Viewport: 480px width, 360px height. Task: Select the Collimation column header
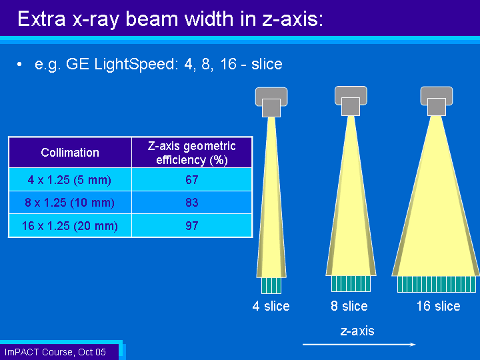pyautogui.click(x=70, y=153)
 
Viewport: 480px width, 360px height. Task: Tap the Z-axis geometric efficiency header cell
pyautogui.click(x=191, y=153)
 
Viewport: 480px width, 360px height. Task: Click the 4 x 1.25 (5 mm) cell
pyautogui.click(x=70, y=179)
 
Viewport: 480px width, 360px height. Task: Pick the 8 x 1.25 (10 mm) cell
pyautogui.click(x=70, y=203)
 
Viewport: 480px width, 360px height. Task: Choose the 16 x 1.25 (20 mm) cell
pyautogui.click(x=70, y=225)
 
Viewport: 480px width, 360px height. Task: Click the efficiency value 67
pyautogui.click(x=192, y=180)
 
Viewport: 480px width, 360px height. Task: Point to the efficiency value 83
pyautogui.click(x=192, y=203)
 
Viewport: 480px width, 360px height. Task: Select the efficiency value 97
pyautogui.click(x=192, y=225)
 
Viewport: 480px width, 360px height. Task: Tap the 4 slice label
pyautogui.click(x=271, y=306)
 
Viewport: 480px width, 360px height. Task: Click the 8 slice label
pyautogui.click(x=349, y=306)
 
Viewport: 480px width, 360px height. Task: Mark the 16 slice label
pyautogui.click(x=439, y=306)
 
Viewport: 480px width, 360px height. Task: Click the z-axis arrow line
pyautogui.click(x=359, y=345)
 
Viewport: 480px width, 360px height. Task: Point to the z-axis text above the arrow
pyautogui.click(x=357, y=331)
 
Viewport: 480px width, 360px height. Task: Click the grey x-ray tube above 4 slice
pyautogui.click(x=271, y=102)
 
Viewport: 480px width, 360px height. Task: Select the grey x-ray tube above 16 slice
pyautogui.click(x=437, y=101)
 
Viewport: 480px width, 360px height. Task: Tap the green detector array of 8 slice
pyautogui.click(x=351, y=283)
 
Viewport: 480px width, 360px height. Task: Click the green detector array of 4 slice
pyautogui.click(x=271, y=285)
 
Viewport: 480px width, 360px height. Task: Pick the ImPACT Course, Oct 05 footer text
pyautogui.click(x=55, y=352)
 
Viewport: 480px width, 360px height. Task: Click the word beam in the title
pyautogui.click(x=153, y=19)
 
